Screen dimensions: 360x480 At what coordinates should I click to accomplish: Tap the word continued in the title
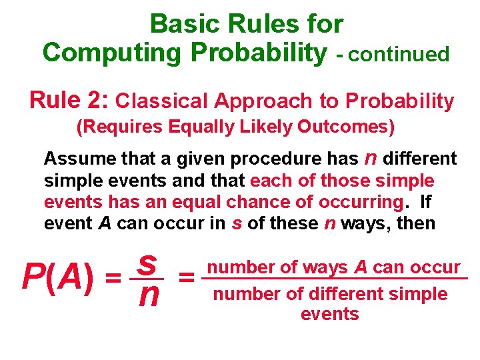(399, 55)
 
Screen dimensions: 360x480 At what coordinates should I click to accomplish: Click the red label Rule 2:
(69, 101)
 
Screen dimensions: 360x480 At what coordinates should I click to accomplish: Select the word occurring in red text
(359, 202)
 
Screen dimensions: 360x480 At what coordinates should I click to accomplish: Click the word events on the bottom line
(330, 314)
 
